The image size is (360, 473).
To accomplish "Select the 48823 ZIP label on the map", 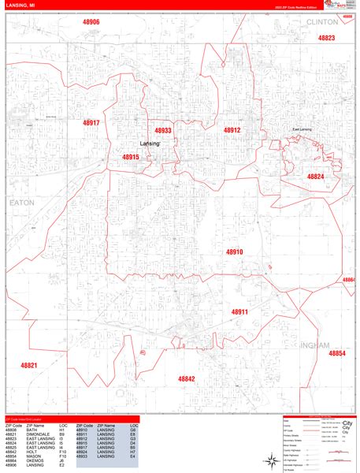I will (326, 38).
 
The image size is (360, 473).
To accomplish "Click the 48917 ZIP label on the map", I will (91, 123).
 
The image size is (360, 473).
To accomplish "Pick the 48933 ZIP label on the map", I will (162, 131).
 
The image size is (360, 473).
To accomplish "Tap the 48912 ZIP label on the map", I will (232, 130).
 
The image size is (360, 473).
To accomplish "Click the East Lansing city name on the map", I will (303, 129).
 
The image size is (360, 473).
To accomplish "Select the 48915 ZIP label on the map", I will (130, 157).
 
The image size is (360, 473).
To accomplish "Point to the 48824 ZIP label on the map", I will (315, 177).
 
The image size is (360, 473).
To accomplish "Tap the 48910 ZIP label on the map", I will (235, 251).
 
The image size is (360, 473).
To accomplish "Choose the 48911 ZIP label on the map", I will (239, 312).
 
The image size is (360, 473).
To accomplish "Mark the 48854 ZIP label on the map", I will (336, 354).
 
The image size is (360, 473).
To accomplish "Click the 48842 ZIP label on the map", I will (186, 378).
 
